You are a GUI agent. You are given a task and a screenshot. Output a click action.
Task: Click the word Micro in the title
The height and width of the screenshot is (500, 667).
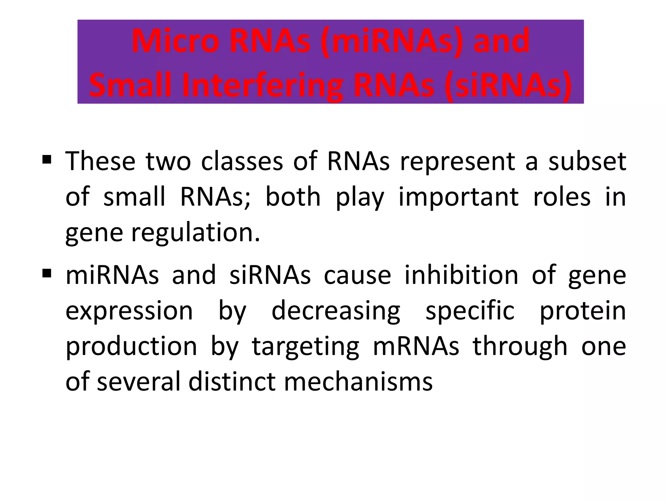175,42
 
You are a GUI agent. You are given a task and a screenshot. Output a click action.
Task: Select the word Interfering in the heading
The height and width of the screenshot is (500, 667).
263,85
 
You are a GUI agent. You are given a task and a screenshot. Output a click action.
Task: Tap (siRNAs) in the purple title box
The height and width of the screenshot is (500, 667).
508,85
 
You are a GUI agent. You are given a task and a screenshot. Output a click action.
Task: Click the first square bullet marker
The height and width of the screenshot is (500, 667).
47,160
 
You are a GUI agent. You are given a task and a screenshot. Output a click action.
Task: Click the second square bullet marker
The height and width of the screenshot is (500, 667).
47,273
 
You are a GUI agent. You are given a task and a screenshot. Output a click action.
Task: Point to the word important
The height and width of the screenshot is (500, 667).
458,198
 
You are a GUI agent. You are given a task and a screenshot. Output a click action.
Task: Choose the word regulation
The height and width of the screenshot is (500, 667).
195,233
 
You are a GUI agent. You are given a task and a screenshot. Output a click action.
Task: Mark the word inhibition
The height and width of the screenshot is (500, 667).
461,275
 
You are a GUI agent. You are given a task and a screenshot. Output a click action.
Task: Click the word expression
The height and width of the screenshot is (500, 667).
129,311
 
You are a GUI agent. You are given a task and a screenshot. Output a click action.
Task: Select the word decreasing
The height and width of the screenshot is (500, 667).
336,311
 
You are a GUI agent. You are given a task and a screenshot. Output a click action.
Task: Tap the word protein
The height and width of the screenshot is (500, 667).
583,311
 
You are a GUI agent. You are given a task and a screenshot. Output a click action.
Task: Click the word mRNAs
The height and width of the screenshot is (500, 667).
416,346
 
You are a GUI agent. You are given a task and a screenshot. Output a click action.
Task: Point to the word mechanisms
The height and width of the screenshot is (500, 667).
358,382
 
